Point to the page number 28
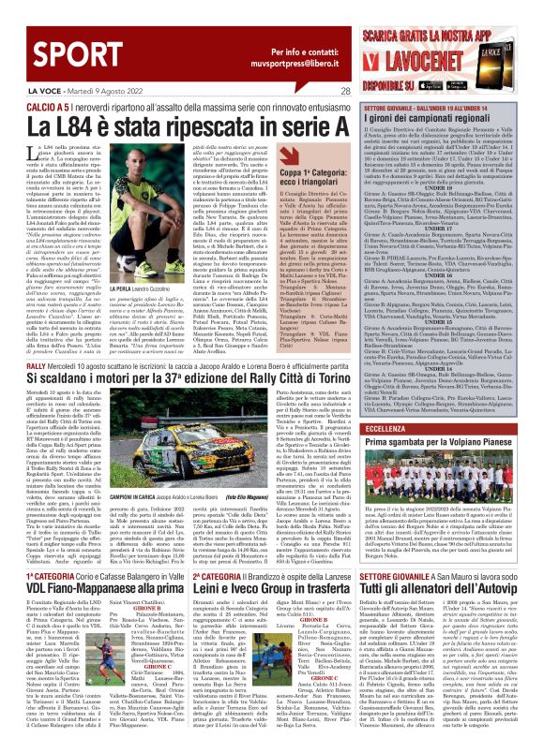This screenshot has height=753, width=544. click(x=345, y=91)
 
